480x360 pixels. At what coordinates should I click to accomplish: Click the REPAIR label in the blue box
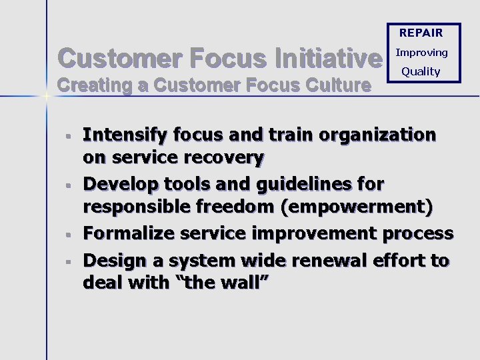pos(421,33)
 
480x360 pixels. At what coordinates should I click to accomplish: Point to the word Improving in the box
pos(421,53)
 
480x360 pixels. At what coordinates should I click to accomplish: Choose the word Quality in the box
pos(421,71)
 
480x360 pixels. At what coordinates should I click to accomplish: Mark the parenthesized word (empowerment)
pos(357,208)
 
